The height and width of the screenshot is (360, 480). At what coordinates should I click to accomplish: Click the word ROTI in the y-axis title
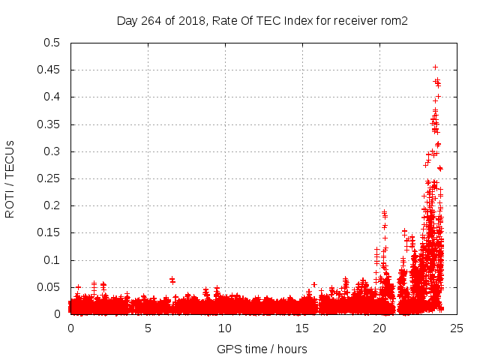10,202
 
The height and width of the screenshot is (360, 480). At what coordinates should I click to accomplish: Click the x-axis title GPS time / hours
262,349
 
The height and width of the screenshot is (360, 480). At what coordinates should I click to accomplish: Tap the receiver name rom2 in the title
394,21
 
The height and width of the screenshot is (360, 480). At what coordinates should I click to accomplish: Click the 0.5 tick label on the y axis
52,43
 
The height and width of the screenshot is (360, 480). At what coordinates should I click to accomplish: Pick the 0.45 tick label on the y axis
49,70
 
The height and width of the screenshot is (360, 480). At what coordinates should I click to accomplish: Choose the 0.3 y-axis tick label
52,151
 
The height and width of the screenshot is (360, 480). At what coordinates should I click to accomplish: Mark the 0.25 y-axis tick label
49,178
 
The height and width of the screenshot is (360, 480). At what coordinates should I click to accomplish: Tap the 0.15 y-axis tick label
49,233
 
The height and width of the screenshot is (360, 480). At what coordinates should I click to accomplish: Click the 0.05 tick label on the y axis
49,287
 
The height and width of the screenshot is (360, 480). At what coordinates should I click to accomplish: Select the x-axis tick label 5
148,328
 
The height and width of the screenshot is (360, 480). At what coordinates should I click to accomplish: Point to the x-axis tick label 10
226,328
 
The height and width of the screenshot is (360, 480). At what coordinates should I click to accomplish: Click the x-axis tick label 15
303,328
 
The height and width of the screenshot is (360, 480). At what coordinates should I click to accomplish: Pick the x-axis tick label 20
380,328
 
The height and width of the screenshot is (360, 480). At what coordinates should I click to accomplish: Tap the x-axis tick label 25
457,328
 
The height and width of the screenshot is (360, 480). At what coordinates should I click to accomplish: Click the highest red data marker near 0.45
435,67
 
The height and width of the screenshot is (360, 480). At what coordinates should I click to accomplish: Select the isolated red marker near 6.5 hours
172,280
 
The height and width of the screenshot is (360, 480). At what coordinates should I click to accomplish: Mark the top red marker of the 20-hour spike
384,212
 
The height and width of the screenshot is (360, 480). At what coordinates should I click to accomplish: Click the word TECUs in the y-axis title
10,160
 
